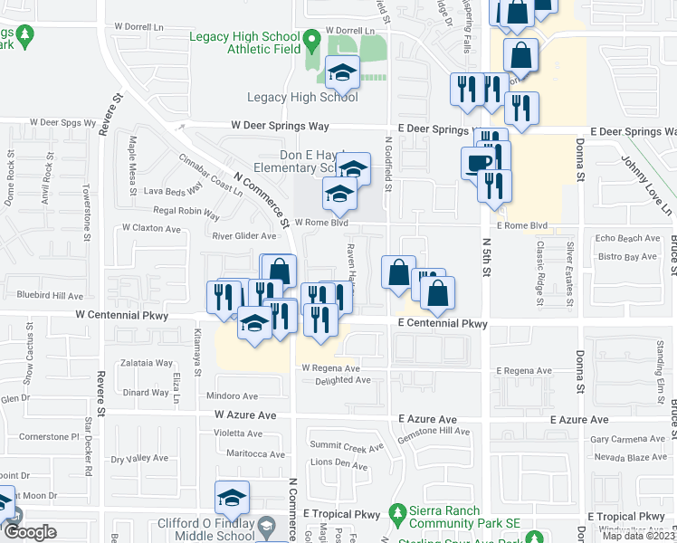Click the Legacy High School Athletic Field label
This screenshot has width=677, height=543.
(x=243, y=43)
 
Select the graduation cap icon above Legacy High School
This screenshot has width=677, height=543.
(x=342, y=71)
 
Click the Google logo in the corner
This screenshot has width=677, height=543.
(x=29, y=533)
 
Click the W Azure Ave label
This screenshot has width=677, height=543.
(x=245, y=414)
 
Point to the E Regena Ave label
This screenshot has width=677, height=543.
(x=524, y=371)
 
